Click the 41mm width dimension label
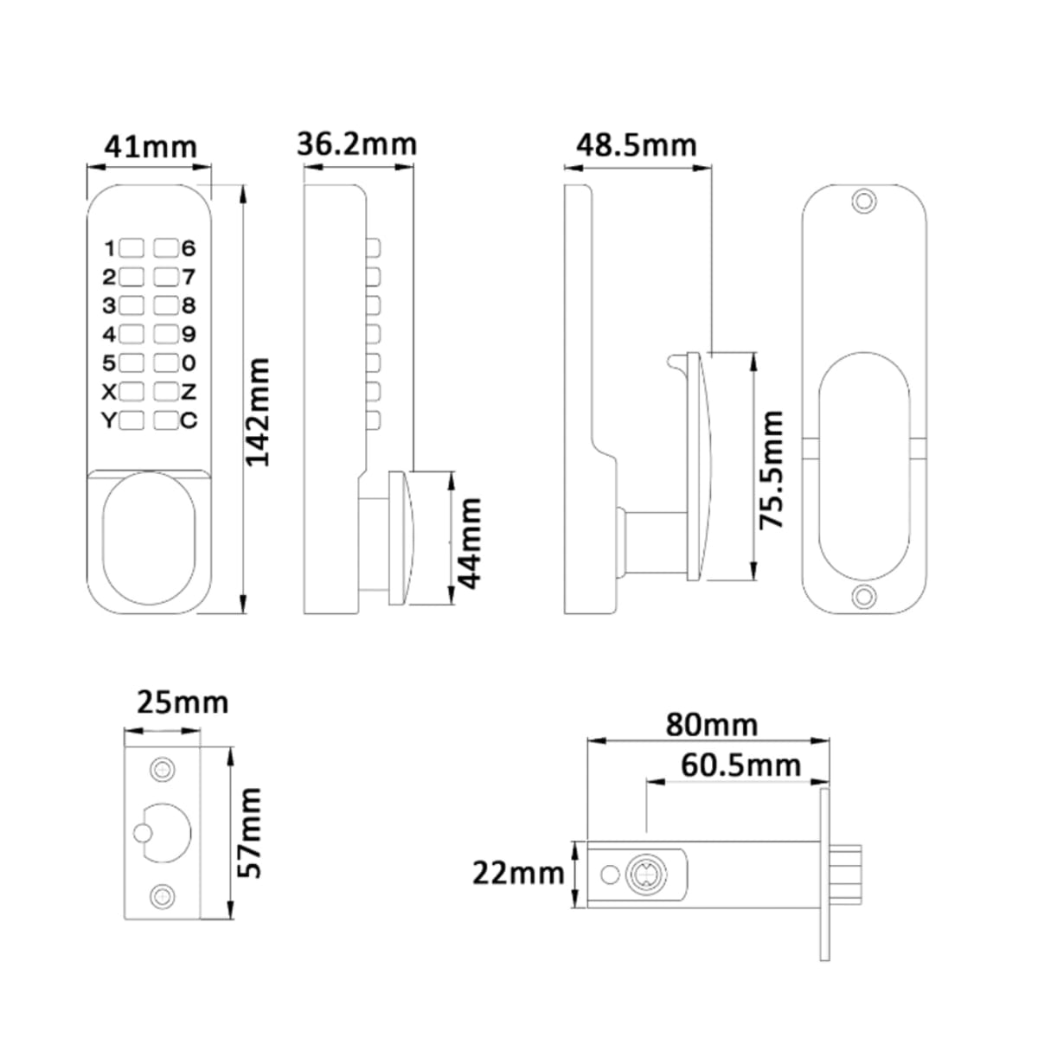coord(151,146)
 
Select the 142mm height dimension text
coord(258,412)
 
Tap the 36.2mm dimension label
coord(357,144)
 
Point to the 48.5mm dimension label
coord(636,145)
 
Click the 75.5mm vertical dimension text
coord(771,469)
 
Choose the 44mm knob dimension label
coord(468,543)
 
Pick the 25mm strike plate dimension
coord(183,702)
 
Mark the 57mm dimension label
coord(249,833)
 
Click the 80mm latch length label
coord(712,725)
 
